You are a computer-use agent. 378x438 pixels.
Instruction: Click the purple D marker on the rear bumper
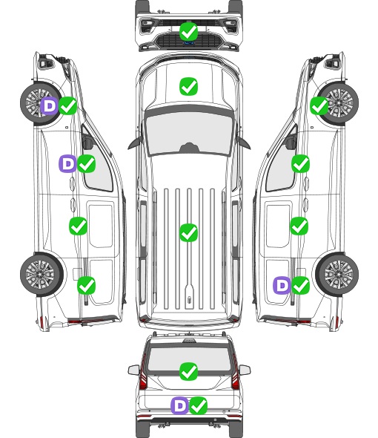(x=179, y=405)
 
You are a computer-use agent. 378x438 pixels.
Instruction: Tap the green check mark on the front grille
(x=188, y=32)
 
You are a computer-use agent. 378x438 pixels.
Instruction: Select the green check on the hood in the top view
(x=188, y=86)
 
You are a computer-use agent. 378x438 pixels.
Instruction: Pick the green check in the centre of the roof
(x=188, y=232)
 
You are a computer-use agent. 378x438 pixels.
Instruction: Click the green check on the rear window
(x=188, y=371)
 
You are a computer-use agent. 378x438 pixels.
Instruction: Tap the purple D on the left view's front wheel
(x=50, y=106)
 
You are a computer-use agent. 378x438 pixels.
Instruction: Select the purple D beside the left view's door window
(x=67, y=163)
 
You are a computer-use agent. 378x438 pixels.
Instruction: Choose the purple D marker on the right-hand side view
(x=282, y=285)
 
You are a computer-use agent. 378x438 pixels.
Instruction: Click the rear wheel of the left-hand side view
(x=42, y=274)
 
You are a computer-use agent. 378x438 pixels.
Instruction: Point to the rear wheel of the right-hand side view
(x=337, y=274)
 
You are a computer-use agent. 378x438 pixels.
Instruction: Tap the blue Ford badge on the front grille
(x=188, y=43)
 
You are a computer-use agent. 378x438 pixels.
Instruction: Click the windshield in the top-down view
(x=189, y=134)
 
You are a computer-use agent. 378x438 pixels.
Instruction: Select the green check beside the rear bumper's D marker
(x=199, y=405)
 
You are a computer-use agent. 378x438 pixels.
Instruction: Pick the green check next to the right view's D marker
(x=300, y=285)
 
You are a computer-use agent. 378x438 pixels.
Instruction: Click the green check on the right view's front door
(x=300, y=163)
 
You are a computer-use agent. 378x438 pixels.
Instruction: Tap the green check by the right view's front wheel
(x=319, y=106)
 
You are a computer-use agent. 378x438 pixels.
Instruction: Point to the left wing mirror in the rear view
(x=133, y=370)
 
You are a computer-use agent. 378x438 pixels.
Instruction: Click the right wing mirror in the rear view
(x=245, y=370)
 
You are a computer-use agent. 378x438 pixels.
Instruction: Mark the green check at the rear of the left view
(x=87, y=285)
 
